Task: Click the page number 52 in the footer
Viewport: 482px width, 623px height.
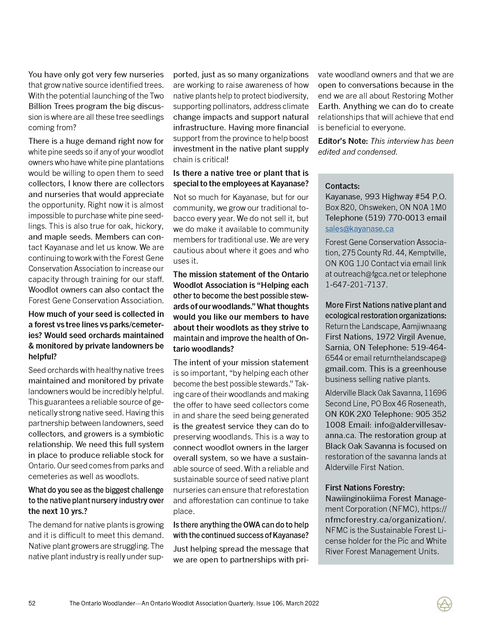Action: pyautogui.click(x=32, y=603)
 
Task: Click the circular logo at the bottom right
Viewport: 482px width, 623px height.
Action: pyautogui.click(x=445, y=604)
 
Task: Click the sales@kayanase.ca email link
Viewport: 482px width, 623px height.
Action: pyautogui.click(x=359, y=229)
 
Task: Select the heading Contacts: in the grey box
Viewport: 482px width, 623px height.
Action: pyautogui.click(x=343, y=186)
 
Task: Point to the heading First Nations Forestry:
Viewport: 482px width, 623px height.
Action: pyautogui.click(x=365, y=488)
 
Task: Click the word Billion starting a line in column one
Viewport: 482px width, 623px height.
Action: pyautogui.click(x=39, y=106)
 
